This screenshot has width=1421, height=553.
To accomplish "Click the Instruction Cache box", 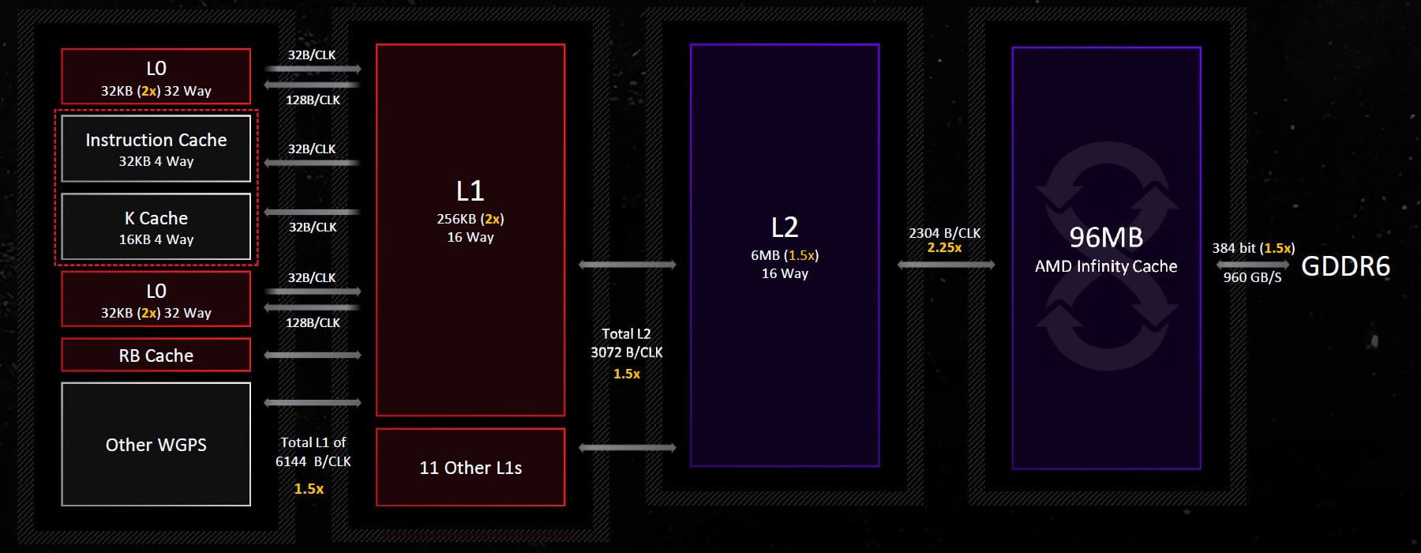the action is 156,149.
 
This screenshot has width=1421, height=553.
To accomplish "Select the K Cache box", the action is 156,227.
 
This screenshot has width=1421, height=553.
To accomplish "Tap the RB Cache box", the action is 156,355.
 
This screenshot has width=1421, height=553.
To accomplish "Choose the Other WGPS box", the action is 156,444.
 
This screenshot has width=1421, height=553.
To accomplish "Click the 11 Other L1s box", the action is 471,467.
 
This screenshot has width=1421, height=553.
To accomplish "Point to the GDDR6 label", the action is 1345,266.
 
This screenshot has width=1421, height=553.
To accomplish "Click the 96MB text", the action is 1106,237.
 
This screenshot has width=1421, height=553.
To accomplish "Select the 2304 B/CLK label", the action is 944,233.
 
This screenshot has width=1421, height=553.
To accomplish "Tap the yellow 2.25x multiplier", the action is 944,248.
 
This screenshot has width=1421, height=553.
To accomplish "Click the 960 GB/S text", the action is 1252,277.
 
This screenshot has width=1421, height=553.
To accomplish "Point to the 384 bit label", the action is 1234,248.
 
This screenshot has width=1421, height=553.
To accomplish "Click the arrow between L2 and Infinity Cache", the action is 946,265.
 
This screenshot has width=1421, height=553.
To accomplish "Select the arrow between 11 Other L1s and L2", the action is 628,448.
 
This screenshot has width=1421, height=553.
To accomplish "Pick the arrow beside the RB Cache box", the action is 313,355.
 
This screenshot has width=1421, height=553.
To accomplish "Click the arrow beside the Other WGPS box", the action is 313,403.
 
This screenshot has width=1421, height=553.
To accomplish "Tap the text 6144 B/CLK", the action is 313,461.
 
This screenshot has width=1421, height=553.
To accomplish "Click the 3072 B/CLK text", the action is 627,352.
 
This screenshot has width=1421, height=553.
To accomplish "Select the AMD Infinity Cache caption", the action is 1106,266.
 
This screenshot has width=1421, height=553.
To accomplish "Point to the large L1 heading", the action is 470,190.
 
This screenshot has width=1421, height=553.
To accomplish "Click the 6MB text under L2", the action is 765,255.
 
